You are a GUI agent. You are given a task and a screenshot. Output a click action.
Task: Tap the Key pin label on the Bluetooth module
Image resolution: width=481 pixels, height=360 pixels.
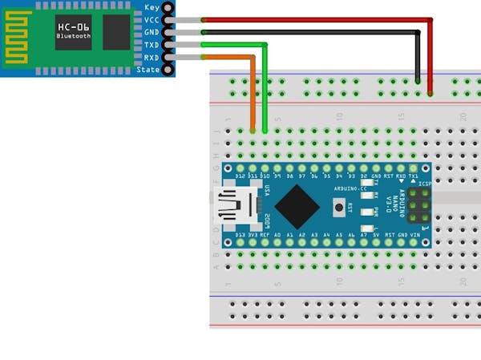tap(152, 7)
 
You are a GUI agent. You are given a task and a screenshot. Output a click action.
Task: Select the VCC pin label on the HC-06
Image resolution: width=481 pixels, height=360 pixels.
tap(152, 20)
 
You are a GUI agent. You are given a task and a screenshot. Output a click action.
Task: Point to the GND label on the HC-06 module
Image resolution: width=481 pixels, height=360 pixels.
tap(152, 32)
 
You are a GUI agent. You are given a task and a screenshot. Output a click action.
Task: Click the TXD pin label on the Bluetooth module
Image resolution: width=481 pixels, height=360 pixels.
tap(152, 45)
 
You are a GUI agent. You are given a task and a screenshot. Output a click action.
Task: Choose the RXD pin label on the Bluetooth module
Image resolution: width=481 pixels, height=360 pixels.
tap(152, 58)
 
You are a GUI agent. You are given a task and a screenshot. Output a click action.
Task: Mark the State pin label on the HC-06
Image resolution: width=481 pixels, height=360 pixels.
tap(149, 70)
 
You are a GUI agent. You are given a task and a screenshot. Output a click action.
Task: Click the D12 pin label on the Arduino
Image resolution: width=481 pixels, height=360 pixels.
tap(240, 176)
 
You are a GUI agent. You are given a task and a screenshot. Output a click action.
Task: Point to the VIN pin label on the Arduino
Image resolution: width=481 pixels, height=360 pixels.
tap(414, 235)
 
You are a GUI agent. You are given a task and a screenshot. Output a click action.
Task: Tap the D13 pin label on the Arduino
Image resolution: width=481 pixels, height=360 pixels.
tap(240, 235)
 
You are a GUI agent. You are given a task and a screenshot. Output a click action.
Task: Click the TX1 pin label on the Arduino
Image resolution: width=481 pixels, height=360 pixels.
tap(414, 176)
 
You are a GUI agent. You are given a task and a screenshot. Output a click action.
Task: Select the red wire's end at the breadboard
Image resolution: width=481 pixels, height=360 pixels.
tap(430, 93)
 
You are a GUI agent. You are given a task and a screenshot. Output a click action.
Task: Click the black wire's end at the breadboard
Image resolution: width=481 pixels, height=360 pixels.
tap(418, 80)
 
